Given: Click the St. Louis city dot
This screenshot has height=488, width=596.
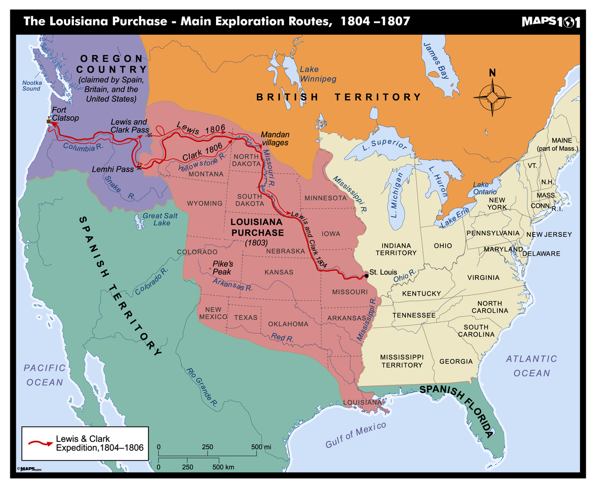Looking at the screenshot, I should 367,275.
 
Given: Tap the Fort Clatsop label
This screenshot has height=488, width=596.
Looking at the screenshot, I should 62,114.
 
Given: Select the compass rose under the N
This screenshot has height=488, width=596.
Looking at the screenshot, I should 492,97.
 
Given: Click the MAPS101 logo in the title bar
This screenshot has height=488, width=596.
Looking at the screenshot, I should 550,22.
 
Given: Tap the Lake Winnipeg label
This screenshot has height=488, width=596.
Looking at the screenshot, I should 318,74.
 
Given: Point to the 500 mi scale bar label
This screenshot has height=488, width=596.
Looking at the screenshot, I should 261,447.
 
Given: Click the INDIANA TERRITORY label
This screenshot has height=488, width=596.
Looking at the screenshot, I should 396,249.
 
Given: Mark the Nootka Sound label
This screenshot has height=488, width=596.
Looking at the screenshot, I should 31,85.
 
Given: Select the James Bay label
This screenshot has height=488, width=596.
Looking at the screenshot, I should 433,61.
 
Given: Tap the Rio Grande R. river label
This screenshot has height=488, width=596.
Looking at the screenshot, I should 202,388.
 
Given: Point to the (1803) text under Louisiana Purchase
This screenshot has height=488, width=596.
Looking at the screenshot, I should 256,243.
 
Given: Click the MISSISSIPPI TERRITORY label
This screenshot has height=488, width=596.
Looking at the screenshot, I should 401,361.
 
